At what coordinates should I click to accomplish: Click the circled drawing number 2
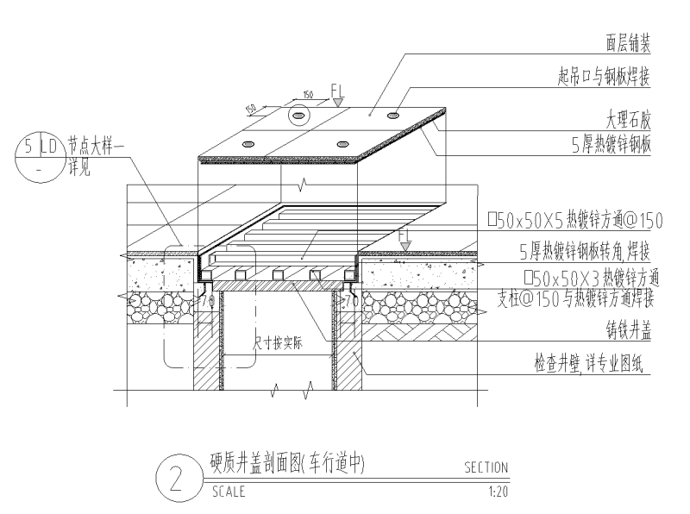pyautogui.click(x=175, y=478)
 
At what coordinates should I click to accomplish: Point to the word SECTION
pyautogui.click(x=486, y=468)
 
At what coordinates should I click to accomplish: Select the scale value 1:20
pyautogui.click(x=497, y=492)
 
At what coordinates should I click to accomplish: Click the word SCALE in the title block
pyautogui.click(x=229, y=492)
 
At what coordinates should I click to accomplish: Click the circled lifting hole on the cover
pyautogui.click(x=298, y=115)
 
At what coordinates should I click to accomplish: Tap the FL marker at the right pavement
pyautogui.click(x=405, y=235)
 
